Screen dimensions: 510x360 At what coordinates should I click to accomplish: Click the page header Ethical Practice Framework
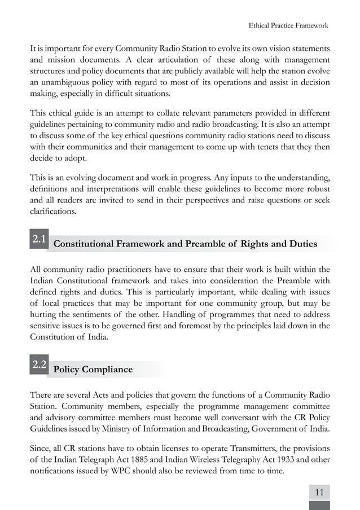[x=288, y=25]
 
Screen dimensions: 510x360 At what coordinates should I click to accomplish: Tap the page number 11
[x=319, y=493]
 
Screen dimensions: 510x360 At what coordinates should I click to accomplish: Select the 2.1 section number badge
[x=39, y=239]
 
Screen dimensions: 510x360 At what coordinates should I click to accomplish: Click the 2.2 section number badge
[x=39, y=364]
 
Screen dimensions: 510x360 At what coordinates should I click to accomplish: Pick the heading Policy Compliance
[x=93, y=370]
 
